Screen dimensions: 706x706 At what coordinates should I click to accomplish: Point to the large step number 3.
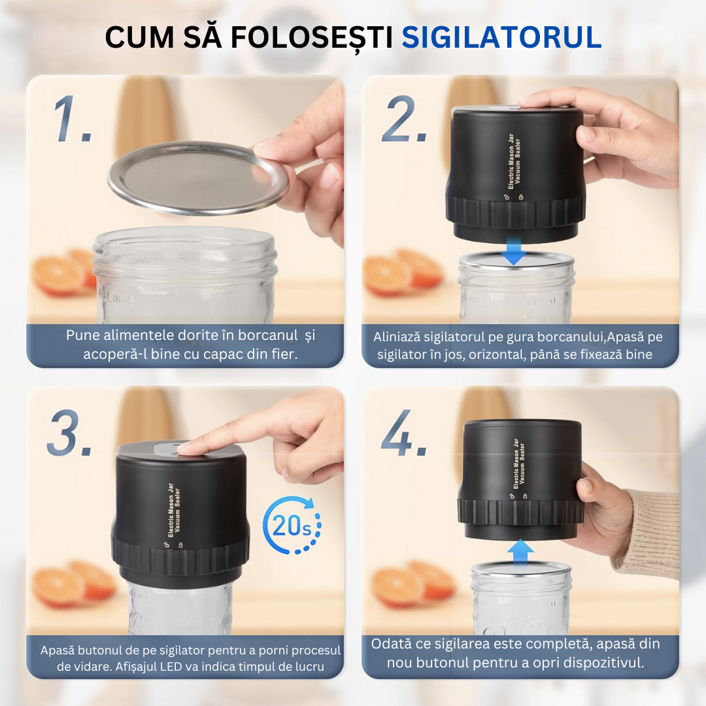coord(69,432)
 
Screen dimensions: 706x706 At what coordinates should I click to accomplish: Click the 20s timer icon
coord(292,526)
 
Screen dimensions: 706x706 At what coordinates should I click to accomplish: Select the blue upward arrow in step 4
coord(520,551)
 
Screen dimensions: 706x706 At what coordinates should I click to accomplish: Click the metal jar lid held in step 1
coord(196,178)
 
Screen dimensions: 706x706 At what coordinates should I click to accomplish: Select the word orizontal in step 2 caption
coord(498,355)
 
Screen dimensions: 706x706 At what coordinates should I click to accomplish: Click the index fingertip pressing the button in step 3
coord(187,448)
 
